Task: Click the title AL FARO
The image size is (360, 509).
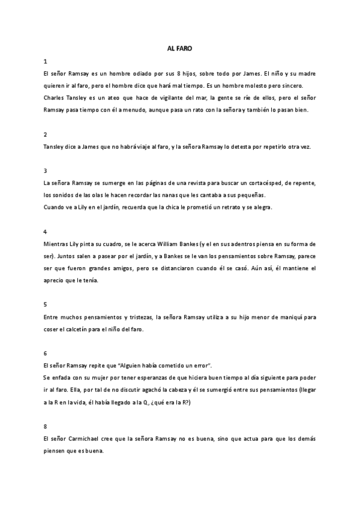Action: (179, 48)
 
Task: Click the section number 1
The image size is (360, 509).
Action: (46, 62)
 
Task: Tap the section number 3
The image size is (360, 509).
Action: (46, 170)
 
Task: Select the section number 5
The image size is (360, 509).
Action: (46, 305)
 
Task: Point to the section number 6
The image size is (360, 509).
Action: (46, 354)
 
